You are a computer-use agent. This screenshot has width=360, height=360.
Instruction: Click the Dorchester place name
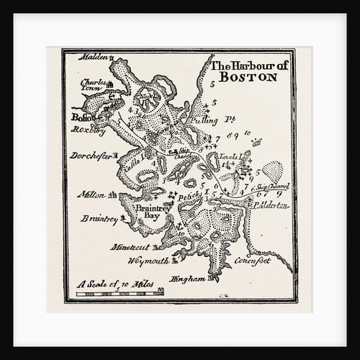point(91,155)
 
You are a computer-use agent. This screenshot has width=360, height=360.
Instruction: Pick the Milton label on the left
point(91,194)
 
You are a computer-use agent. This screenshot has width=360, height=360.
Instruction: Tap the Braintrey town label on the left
point(99,217)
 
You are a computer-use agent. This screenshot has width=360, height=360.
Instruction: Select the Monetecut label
point(130,246)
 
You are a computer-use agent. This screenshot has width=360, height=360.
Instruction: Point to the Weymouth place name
point(148,260)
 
